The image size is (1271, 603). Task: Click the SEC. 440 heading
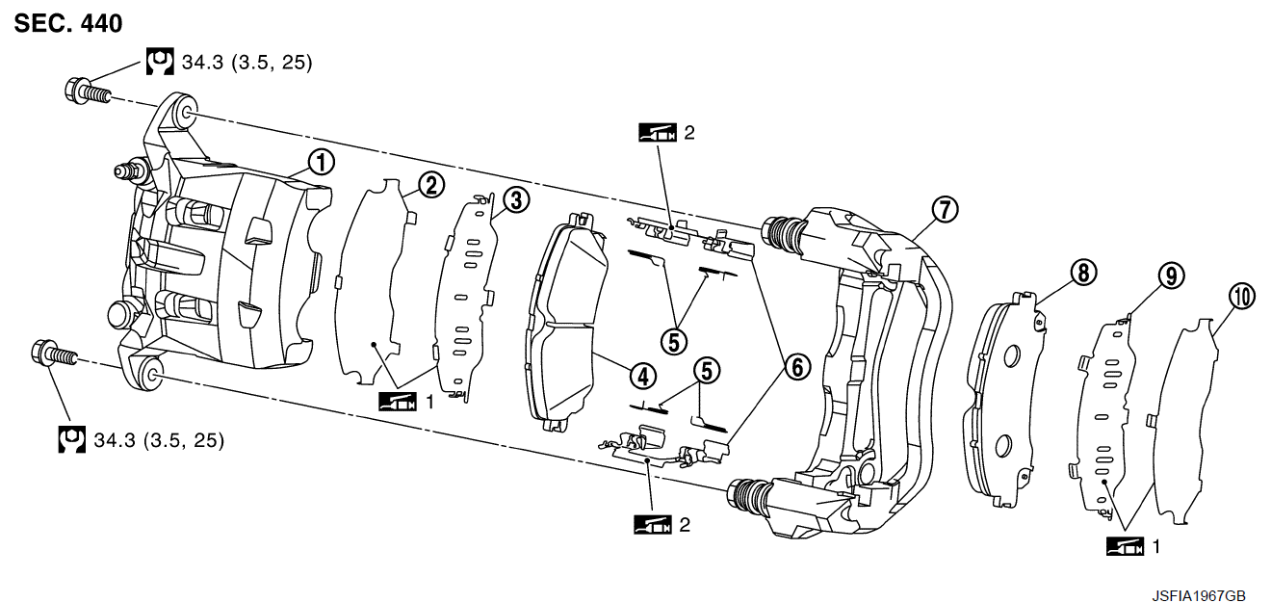[68, 24]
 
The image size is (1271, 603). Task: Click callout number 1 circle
[322, 163]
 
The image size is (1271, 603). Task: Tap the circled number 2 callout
[431, 186]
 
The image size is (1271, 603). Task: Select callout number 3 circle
[516, 200]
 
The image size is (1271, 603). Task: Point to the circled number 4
[643, 377]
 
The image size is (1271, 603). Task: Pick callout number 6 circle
[798, 367]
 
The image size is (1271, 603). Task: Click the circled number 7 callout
[945, 210]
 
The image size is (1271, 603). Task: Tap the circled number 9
[1172, 276]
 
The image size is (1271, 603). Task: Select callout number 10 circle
[1242, 297]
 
